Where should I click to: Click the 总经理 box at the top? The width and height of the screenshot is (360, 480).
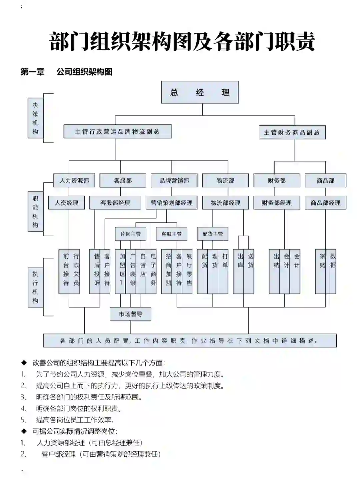click(200, 92)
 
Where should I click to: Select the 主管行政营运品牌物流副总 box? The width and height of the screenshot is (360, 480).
click(117, 131)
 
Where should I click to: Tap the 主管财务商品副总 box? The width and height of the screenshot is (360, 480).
click(292, 132)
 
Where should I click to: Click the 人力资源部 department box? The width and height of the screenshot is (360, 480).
click(74, 180)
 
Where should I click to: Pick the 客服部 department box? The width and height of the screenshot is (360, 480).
click(123, 180)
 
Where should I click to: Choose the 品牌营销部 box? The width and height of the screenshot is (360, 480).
click(174, 180)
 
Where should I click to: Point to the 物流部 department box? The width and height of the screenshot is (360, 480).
click(225, 180)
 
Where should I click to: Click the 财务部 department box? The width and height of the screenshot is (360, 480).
click(277, 180)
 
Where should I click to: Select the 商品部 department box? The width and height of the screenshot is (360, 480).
click(325, 180)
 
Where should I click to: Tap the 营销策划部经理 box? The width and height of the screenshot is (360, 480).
click(172, 202)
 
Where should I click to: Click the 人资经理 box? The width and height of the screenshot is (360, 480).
click(66, 202)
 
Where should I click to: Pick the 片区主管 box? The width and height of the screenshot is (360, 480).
click(131, 234)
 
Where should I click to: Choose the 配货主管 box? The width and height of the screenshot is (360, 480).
click(212, 234)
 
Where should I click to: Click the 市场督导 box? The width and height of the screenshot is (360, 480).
click(130, 314)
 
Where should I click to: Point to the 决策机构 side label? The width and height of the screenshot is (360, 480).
click(35, 118)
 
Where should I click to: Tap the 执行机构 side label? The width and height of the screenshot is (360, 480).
click(35, 287)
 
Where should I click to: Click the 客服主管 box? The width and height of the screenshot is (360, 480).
click(171, 234)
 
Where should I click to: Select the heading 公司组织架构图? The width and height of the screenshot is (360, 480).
click(84, 72)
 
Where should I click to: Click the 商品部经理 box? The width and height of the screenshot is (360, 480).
click(325, 202)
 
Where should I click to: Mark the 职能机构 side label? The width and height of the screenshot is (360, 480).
click(35, 211)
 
